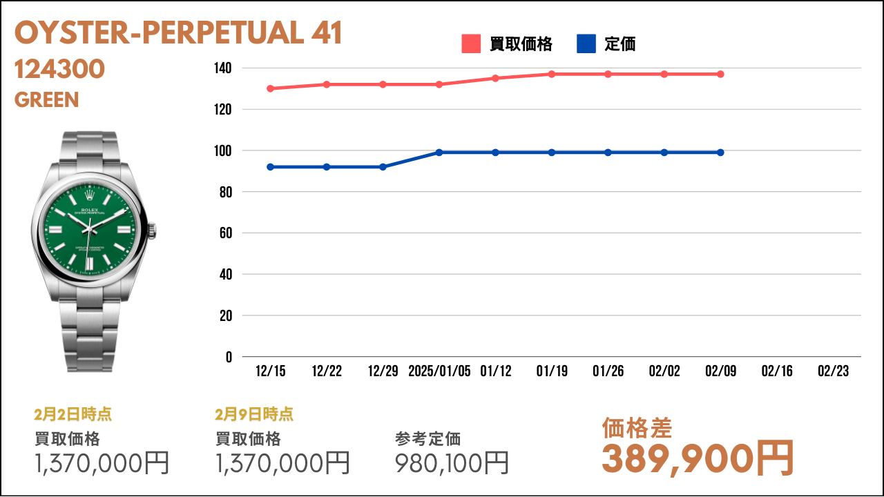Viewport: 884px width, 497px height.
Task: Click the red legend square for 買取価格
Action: coord(471,43)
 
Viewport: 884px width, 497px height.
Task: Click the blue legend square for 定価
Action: coord(586,43)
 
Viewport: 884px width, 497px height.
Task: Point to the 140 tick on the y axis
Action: coord(223,68)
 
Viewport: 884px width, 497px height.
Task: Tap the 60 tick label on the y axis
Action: coord(226,233)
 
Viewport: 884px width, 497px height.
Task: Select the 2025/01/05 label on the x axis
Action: coord(439,371)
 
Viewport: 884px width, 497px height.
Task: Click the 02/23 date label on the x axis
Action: coord(833,371)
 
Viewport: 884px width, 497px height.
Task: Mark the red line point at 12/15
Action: coord(270,88)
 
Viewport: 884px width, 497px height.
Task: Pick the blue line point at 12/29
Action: coord(383,167)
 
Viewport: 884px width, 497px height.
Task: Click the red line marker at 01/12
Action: coord(495,78)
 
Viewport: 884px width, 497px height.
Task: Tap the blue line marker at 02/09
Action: coord(720,153)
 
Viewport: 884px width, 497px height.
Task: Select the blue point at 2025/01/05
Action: coord(439,153)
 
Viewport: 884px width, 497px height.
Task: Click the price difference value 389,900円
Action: coord(698,459)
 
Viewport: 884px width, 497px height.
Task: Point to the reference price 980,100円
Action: coord(452,462)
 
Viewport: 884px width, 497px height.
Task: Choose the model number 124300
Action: coord(59,69)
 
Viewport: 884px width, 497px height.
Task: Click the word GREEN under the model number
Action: coord(46,99)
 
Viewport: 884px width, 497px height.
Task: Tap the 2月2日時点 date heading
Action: coord(73,414)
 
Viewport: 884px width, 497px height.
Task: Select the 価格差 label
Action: coord(637,428)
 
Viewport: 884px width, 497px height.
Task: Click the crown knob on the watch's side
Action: coord(152,231)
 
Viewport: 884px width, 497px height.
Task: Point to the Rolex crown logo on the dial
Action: coord(90,194)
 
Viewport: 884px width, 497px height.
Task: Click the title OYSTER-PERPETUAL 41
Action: coord(178,32)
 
